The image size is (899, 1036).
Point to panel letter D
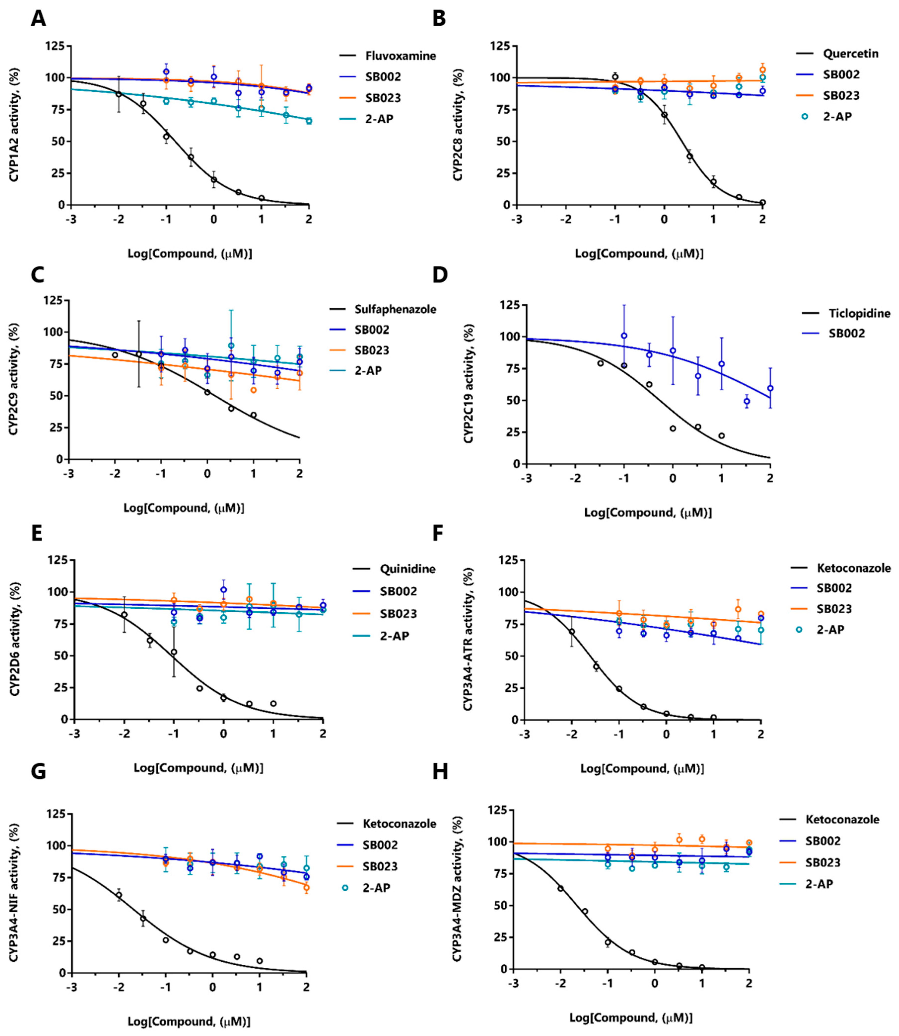point(440,275)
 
